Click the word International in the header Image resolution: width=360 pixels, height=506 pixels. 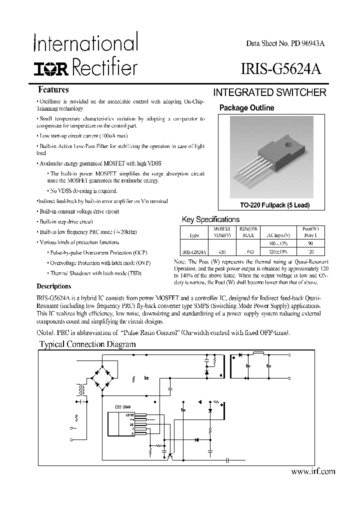[85, 43]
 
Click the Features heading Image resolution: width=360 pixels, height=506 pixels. [53, 90]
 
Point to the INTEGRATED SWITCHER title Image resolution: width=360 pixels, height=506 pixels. [270, 92]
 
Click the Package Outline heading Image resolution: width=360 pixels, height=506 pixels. [247, 107]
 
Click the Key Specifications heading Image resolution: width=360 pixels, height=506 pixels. [210, 219]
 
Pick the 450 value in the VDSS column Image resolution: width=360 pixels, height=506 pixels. [222, 252]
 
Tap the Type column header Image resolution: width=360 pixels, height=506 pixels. [194, 234]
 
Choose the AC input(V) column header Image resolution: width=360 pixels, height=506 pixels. [278, 234]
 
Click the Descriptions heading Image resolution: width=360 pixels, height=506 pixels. [54, 286]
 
